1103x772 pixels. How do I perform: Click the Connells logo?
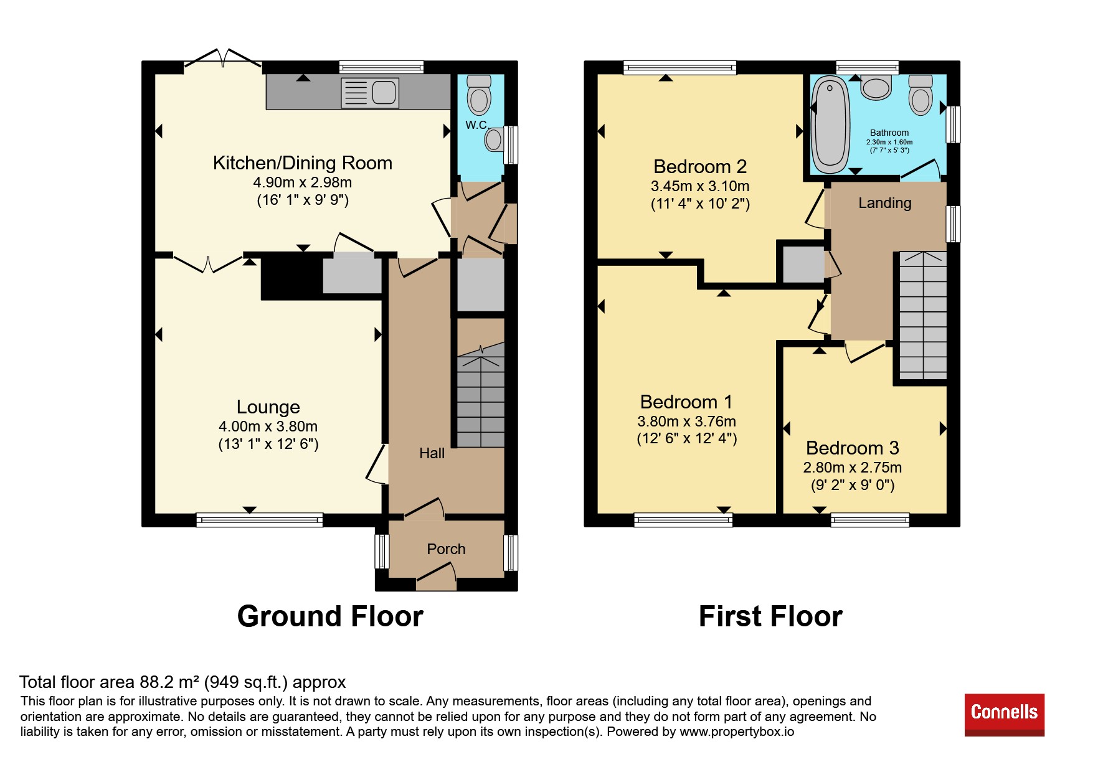click(1004, 715)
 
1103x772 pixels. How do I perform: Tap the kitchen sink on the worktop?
click(370, 93)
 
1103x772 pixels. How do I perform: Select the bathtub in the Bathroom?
click(831, 125)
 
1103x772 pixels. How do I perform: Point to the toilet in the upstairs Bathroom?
click(921, 95)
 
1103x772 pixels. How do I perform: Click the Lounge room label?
click(268, 407)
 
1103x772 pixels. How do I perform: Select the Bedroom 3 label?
click(852, 448)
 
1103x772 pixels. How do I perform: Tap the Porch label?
click(446, 549)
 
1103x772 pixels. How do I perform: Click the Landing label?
click(884, 203)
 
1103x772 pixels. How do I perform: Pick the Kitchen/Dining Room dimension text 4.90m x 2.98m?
click(303, 182)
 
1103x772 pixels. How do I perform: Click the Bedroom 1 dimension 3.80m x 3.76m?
click(686, 421)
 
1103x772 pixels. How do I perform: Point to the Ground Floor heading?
click(330, 616)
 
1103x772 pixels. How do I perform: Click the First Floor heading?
click(770, 616)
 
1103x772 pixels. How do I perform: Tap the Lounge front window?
click(260, 520)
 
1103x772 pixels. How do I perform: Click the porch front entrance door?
click(436, 576)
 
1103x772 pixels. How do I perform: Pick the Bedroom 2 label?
click(700, 166)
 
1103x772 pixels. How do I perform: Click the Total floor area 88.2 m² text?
click(182, 682)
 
